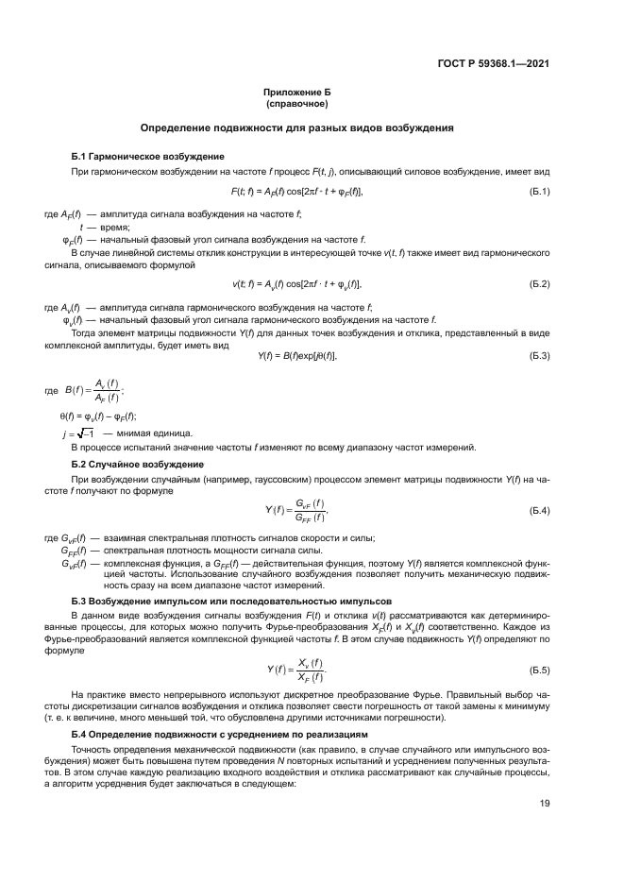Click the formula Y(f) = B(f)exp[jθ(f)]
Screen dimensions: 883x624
pyautogui.click(x=297, y=355)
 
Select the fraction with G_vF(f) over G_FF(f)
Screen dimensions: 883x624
pyautogui.click(x=310, y=511)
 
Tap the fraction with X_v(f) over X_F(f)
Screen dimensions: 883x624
pyautogui.click(x=311, y=671)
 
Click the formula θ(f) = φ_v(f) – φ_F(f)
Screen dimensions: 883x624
pyautogui.click(x=98, y=416)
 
